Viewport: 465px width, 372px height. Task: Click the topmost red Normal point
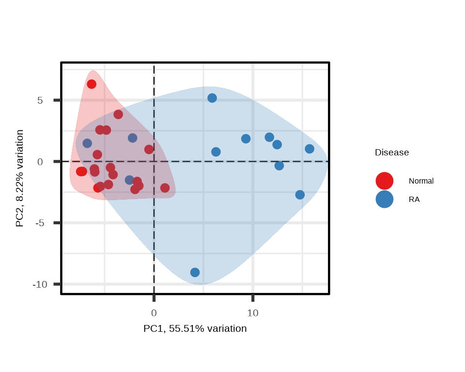tap(92, 84)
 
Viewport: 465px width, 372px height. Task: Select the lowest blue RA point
tap(195, 272)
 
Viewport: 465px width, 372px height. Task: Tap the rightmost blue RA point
tap(310, 149)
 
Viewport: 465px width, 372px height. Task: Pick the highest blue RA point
tap(212, 98)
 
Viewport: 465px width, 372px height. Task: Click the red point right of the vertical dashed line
tap(165, 188)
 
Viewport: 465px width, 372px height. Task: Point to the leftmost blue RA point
tap(87, 143)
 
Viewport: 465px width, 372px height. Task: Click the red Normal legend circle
tap(384, 181)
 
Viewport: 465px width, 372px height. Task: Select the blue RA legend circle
tap(384, 199)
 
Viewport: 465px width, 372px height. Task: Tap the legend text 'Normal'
tap(421, 181)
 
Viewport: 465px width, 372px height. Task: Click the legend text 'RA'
tap(414, 199)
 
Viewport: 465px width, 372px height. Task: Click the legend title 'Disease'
tap(391, 153)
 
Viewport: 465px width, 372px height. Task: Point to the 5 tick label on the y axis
tap(40, 100)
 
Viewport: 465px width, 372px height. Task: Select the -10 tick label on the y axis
tap(40, 284)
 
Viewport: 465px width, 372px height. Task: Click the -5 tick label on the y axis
tap(40, 223)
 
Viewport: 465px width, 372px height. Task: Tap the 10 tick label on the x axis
tap(253, 313)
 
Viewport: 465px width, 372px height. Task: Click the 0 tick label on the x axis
tap(154, 313)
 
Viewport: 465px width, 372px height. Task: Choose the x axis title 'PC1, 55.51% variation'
tap(195, 328)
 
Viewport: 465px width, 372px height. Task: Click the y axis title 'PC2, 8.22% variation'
tap(19, 178)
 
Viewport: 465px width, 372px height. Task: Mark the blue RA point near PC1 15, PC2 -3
tap(300, 195)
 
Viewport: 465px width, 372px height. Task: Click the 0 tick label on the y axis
tap(40, 162)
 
